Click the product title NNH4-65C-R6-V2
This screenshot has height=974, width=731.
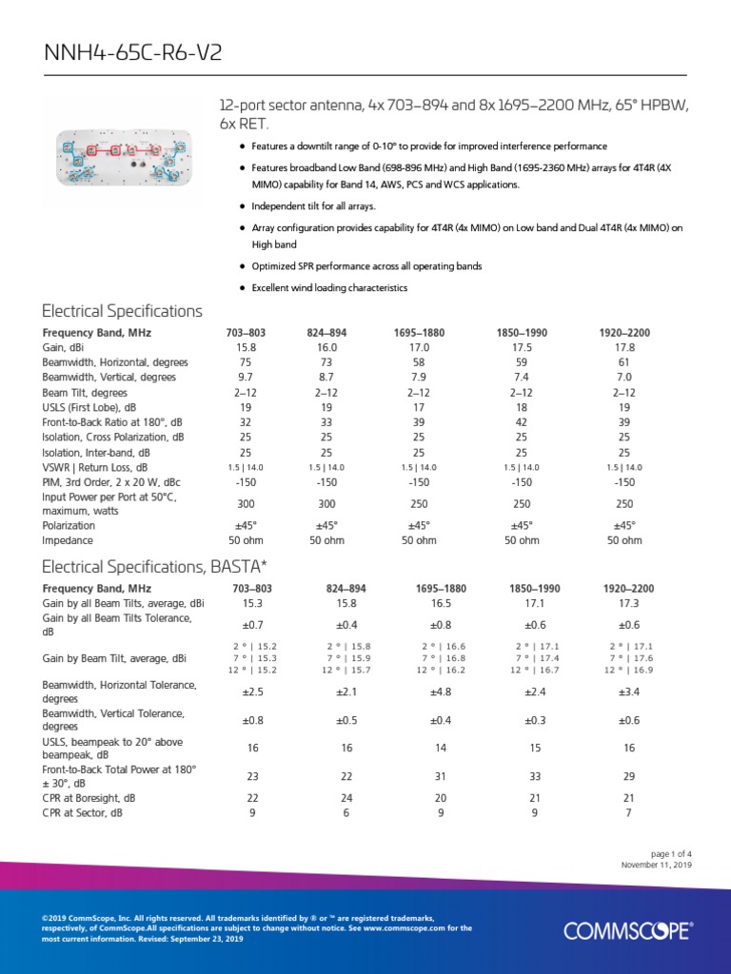click(x=133, y=52)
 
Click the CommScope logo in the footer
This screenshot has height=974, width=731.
click(x=627, y=930)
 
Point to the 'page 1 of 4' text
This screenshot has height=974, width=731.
click(x=672, y=853)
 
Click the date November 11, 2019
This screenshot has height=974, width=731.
click(x=657, y=866)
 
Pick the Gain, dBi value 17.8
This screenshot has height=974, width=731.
click(x=624, y=348)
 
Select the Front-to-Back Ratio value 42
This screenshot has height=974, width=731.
click(x=521, y=422)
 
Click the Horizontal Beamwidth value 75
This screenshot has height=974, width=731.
click(x=246, y=362)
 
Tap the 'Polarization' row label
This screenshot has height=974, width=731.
click(x=69, y=525)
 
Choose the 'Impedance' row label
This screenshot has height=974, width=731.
click(x=67, y=540)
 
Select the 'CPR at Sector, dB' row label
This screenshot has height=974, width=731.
click(x=83, y=813)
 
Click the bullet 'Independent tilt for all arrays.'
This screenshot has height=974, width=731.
click(x=313, y=206)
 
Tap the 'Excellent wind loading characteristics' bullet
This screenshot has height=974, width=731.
click(x=329, y=287)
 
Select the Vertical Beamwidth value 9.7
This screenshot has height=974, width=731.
click(x=246, y=378)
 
